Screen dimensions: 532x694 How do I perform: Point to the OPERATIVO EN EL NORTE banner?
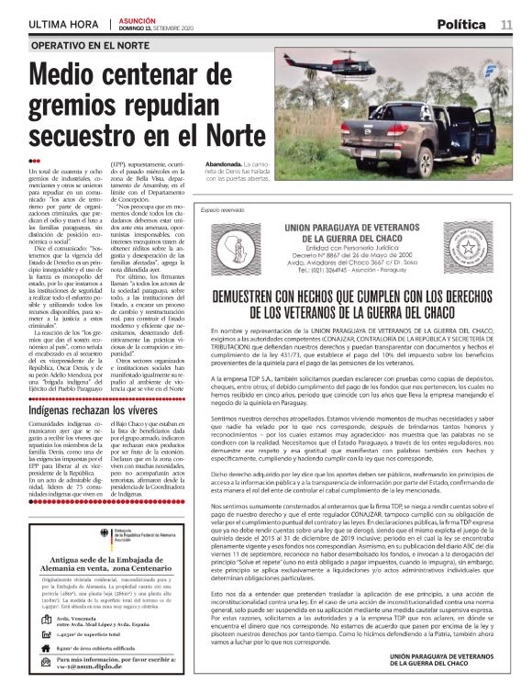[90, 45]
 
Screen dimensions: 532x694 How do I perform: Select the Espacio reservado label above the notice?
[221, 209]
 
